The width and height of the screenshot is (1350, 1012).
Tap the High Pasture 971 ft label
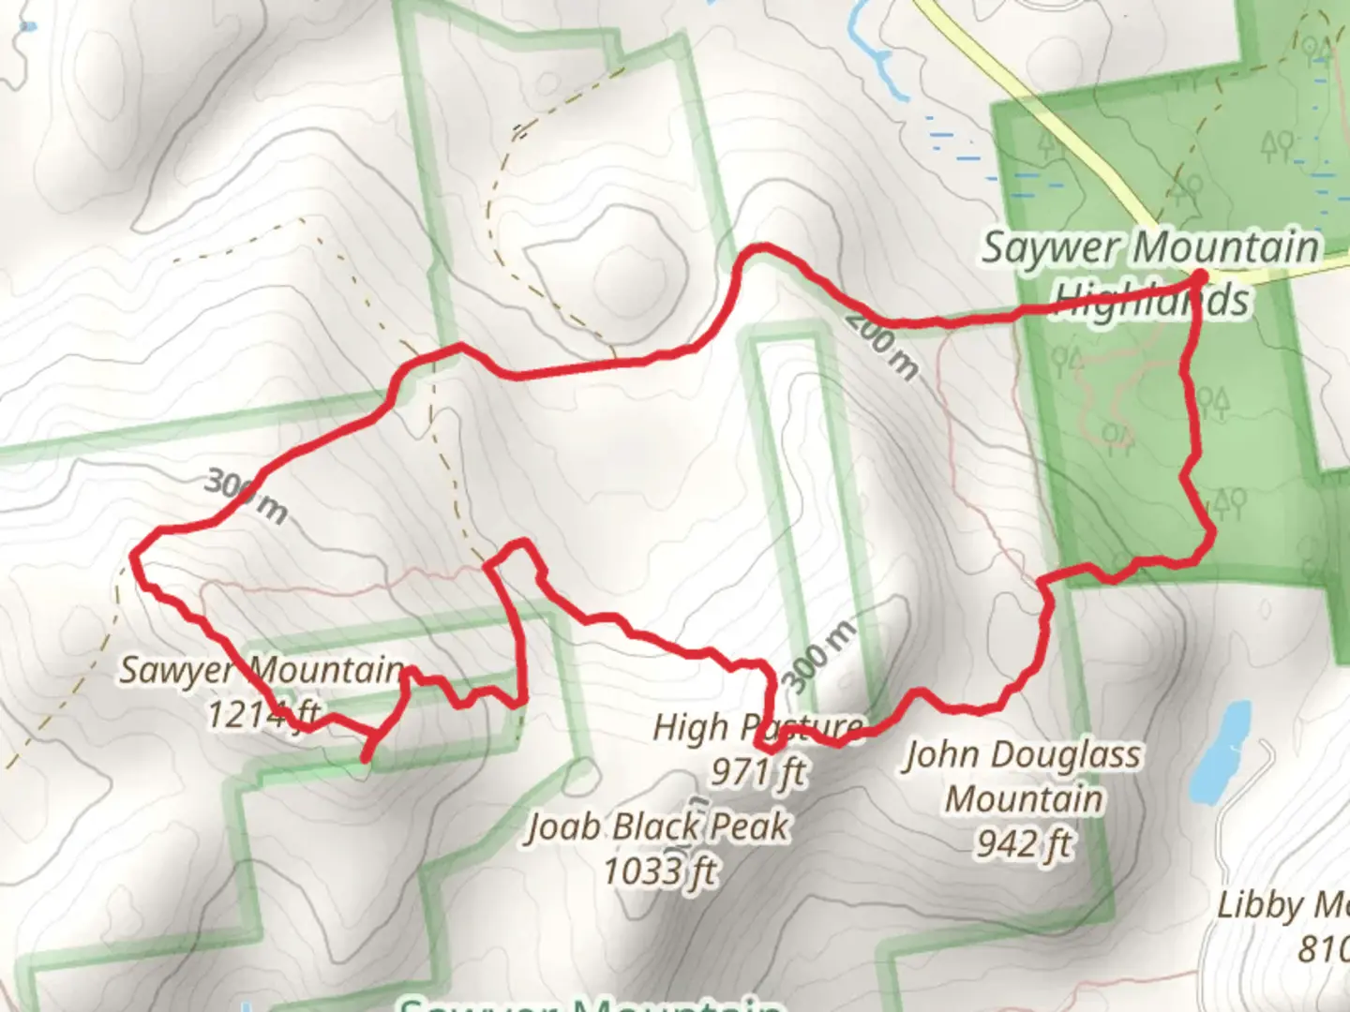tap(757, 749)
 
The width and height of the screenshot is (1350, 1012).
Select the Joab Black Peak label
tap(658, 826)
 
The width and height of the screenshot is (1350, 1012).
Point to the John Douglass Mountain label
tap(1022, 799)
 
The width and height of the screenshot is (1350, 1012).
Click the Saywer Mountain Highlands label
tap(1150, 274)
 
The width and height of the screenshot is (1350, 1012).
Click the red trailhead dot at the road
tap(1199, 276)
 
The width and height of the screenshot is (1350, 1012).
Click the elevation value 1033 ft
tap(658, 871)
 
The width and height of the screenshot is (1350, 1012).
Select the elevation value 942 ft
tap(1023, 844)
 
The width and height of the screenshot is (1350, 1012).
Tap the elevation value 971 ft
tap(757, 772)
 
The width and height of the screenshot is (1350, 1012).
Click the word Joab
tap(562, 826)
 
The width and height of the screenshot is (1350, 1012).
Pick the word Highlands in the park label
tap(1150, 300)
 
